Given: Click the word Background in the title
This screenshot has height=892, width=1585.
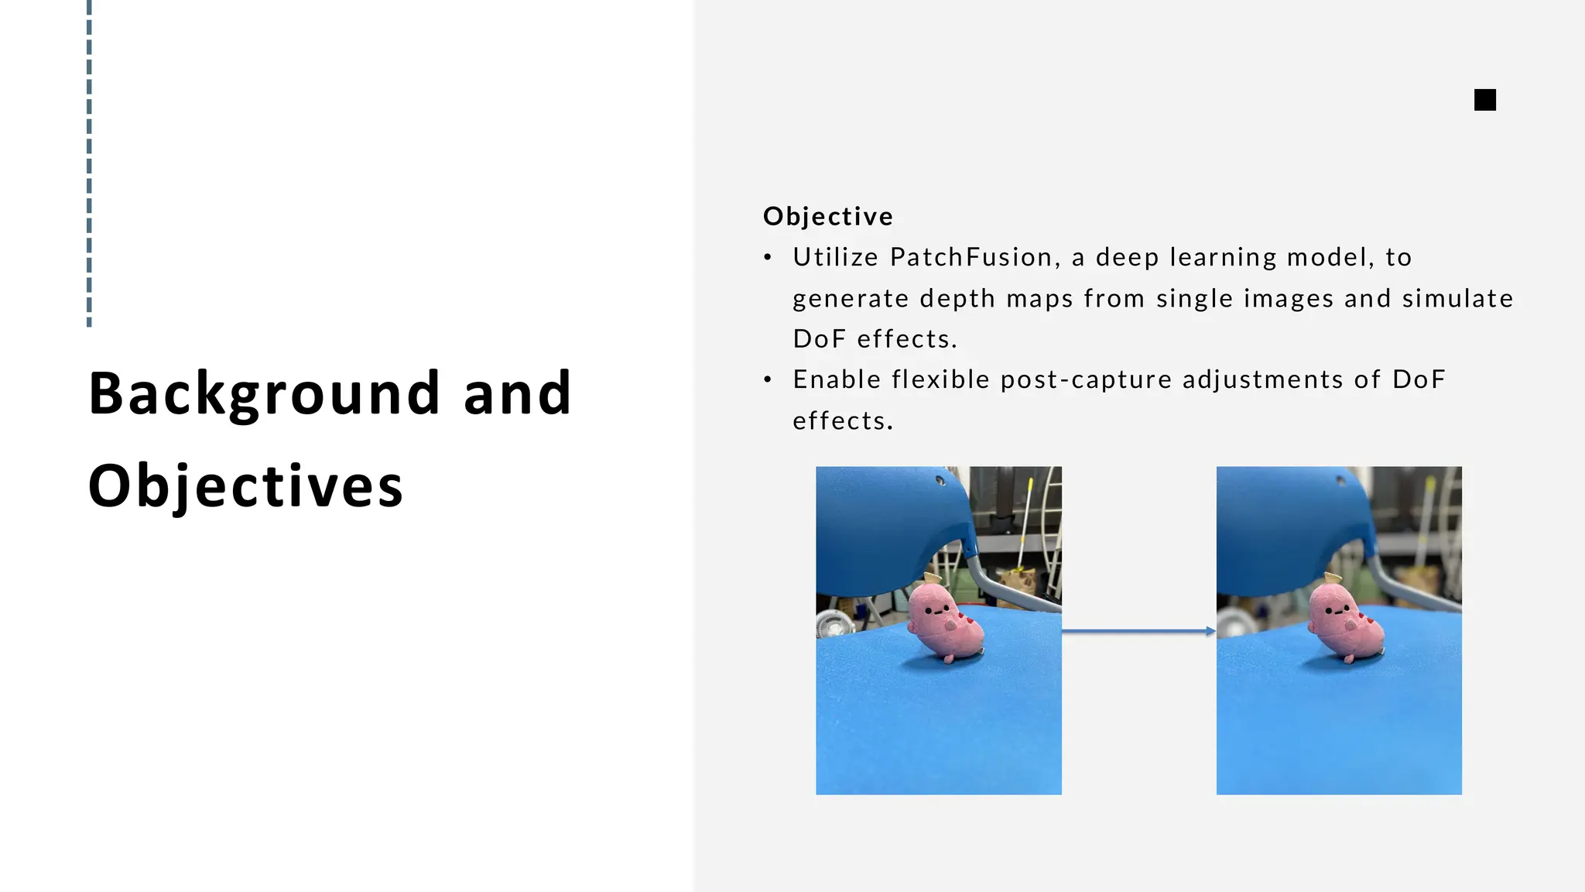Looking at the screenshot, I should (x=264, y=394).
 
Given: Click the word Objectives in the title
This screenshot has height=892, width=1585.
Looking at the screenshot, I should (x=245, y=486).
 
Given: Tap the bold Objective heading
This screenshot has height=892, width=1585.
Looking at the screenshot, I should (x=827, y=217).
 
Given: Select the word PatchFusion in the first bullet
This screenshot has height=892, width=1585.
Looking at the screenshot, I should (x=971, y=257).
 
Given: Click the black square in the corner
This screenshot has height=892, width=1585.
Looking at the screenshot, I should (x=1484, y=100).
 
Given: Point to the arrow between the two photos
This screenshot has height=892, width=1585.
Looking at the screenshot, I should (x=1138, y=632).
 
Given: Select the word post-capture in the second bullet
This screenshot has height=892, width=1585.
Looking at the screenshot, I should (x=1086, y=380).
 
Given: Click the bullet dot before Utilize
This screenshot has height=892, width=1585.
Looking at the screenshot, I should (x=768, y=258).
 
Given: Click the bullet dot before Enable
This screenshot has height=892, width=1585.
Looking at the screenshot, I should (x=768, y=380).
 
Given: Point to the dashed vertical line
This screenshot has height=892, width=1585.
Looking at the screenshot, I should (x=89, y=163).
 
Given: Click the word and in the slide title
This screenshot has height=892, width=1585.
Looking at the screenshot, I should (x=517, y=394).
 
